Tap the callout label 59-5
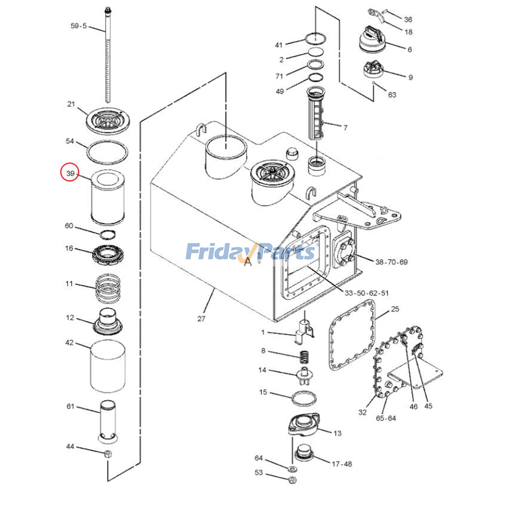point(79,26)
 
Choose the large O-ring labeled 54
point(107,152)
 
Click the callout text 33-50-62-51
point(366,293)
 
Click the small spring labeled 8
point(304,357)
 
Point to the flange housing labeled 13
point(304,425)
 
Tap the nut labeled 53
point(292,480)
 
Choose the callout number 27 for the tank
point(201,319)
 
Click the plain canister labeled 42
point(108,366)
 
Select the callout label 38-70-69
point(391,262)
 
